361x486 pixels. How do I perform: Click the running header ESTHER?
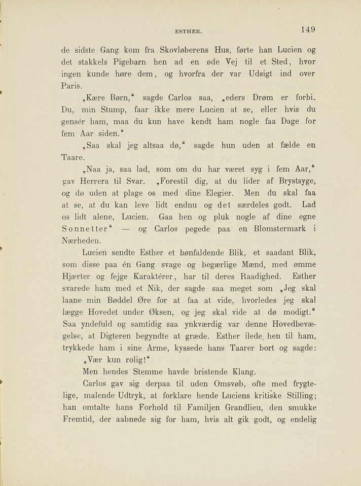point(189,31)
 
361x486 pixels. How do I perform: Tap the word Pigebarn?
point(122,62)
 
